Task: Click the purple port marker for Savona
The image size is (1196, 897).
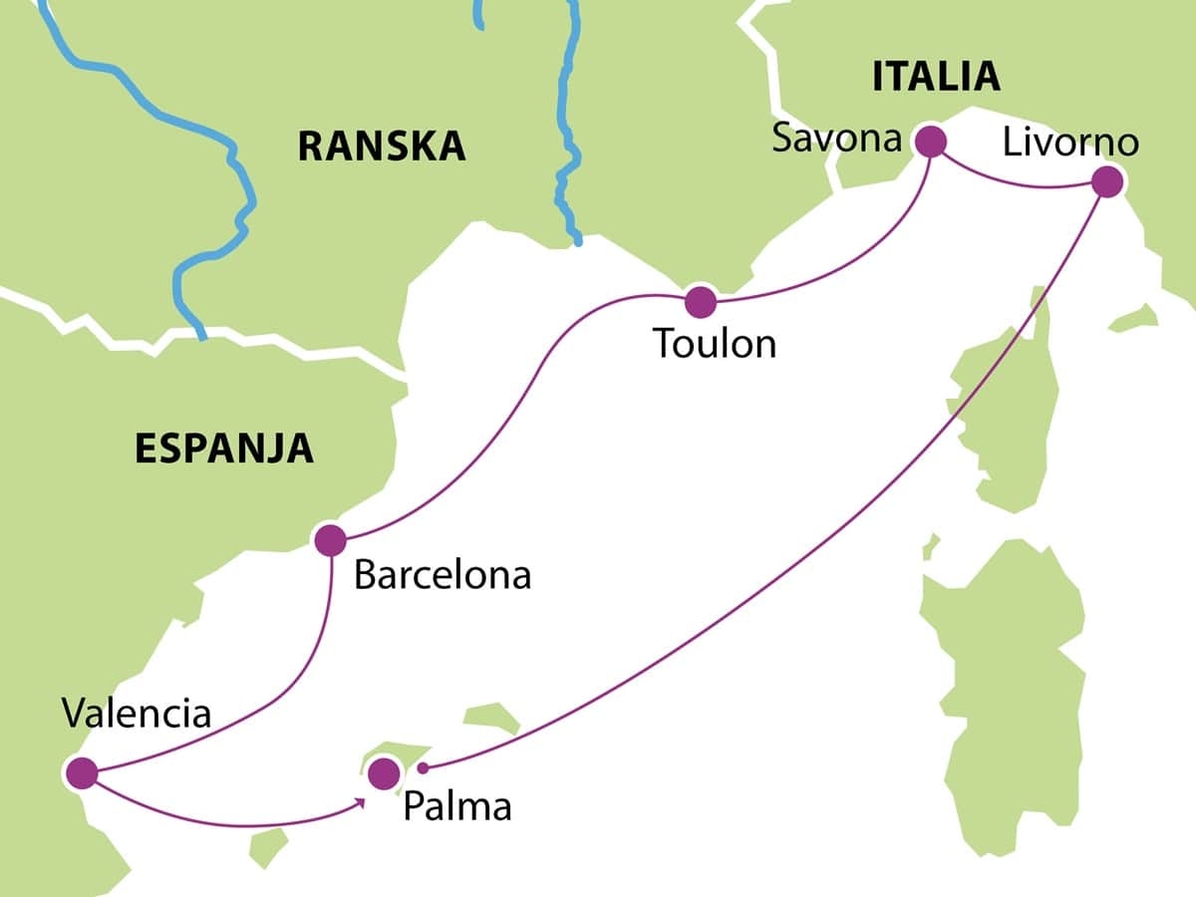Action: (930, 141)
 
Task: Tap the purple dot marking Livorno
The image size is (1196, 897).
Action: (1107, 182)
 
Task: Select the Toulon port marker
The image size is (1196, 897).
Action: (701, 301)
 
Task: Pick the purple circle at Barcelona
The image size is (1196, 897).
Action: (330, 540)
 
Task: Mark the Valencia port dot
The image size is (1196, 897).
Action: (81, 772)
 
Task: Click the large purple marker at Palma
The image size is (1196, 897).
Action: (382, 772)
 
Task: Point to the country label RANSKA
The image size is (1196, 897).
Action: (382, 147)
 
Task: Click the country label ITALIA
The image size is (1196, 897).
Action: (935, 77)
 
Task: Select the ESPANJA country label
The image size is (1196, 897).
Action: (224, 449)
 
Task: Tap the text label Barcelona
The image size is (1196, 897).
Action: (443, 576)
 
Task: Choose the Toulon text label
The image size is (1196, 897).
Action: (715, 344)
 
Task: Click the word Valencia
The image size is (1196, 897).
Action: (137, 714)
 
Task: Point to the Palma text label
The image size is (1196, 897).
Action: (457, 806)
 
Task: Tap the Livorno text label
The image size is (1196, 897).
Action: (1070, 143)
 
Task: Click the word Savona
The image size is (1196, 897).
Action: (837, 139)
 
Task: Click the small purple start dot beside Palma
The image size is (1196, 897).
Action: (423, 767)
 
